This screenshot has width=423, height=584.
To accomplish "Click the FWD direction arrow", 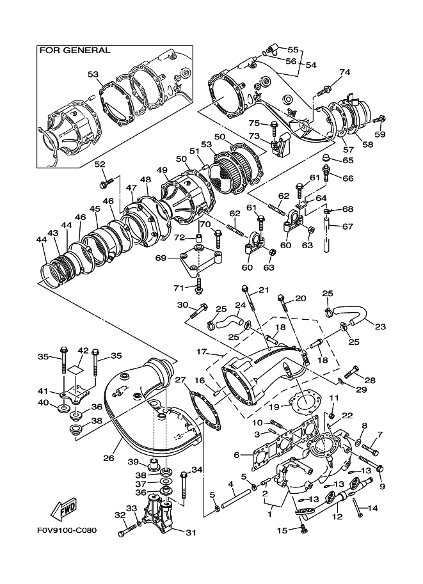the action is (x=64, y=509).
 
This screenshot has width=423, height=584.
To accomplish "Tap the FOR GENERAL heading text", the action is (x=75, y=51).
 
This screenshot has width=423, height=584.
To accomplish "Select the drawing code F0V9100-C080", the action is (x=67, y=530).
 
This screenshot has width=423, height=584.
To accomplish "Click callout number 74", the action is (x=345, y=72).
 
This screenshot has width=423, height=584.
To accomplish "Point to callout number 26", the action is (x=108, y=458).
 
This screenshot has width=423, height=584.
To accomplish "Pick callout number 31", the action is (x=191, y=533).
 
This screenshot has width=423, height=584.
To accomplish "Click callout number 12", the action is (x=338, y=517).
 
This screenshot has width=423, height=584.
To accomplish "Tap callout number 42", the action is (x=83, y=351).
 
